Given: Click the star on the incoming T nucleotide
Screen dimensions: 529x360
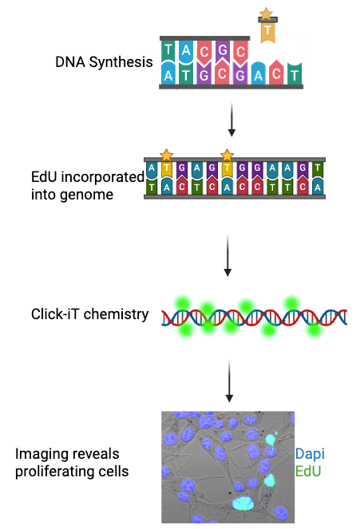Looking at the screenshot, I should [x=266, y=14].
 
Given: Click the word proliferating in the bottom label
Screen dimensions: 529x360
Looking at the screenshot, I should [x=64, y=472].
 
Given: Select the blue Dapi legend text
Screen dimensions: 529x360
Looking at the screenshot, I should [x=310, y=454].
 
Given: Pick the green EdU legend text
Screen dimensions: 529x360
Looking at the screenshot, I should [x=309, y=472].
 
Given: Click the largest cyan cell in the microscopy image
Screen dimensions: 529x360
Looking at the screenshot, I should [x=241, y=503].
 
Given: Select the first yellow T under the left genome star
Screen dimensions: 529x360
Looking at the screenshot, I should [x=166, y=168].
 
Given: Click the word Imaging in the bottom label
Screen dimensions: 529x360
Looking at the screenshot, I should [x=38, y=454].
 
